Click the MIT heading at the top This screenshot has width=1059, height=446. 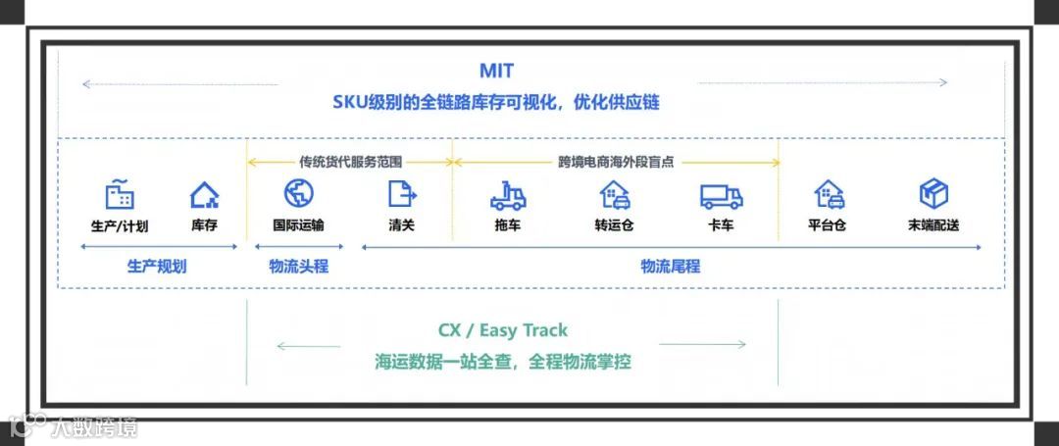(496, 72)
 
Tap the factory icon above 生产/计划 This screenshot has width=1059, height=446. (120, 194)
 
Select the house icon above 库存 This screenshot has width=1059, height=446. (204, 195)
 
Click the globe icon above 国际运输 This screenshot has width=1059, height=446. (298, 193)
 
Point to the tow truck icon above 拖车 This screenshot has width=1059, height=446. (508, 196)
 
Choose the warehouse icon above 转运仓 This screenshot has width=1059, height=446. (614, 196)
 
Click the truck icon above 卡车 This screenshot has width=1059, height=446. (721, 196)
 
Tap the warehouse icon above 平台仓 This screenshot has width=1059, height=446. (828, 194)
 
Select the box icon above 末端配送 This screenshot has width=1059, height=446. (933, 193)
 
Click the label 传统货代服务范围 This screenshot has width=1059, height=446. (350, 162)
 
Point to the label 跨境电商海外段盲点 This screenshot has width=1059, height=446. (616, 162)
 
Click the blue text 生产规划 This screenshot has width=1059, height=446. (157, 266)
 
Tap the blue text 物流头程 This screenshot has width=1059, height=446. (299, 266)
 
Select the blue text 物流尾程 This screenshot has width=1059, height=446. (671, 266)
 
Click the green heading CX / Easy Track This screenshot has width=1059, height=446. (502, 330)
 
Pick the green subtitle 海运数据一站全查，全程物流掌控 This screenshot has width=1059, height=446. (502, 362)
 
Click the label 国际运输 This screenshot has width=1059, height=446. (298, 225)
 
